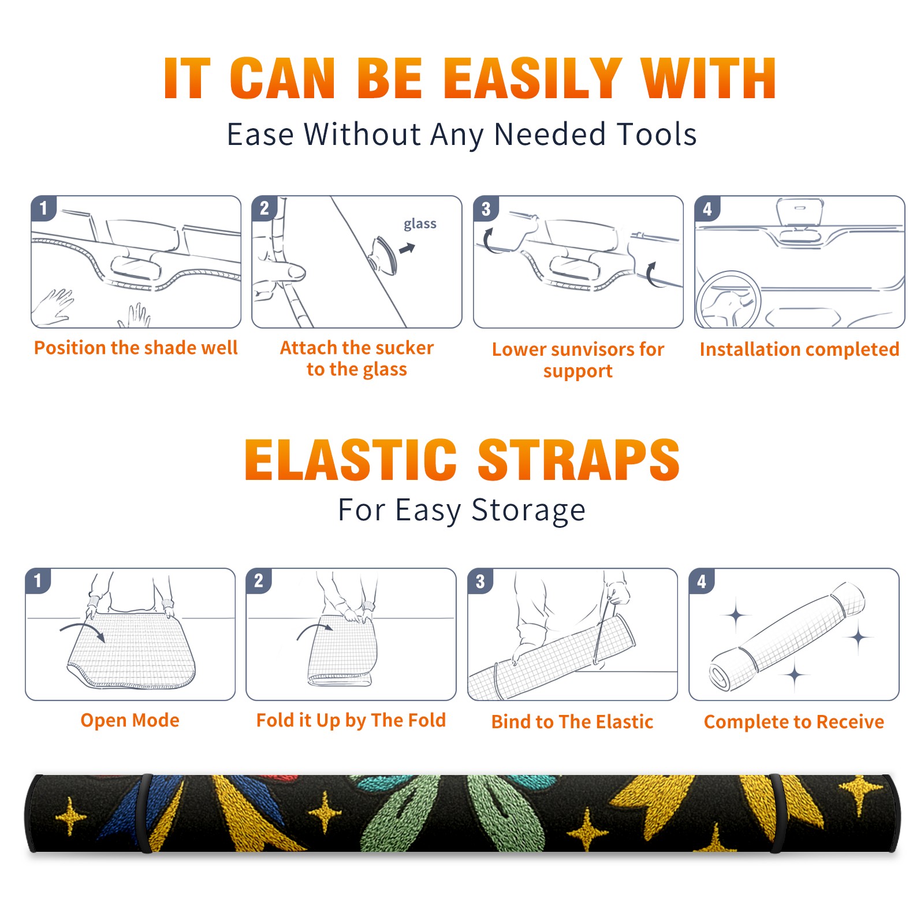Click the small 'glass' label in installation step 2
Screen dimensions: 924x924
click(x=420, y=224)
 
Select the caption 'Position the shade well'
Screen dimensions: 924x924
click(x=136, y=348)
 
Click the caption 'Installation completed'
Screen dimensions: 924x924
click(x=799, y=349)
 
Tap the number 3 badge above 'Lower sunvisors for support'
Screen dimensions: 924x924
click(x=486, y=209)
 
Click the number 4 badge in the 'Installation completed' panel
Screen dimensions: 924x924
click(x=707, y=209)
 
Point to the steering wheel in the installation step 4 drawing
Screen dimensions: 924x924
click(x=729, y=300)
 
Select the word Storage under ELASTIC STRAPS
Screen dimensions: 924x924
click(x=528, y=511)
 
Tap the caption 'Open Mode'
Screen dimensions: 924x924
click(x=130, y=720)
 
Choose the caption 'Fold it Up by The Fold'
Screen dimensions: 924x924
click(x=351, y=720)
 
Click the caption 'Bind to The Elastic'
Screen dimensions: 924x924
click(x=572, y=722)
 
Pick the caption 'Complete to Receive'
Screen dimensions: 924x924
click(x=794, y=722)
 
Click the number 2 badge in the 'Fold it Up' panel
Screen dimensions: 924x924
click(x=259, y=581)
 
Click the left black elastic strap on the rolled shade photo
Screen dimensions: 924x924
click(x=146, y=813)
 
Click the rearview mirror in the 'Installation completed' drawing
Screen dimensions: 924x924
click(x=800, y=213)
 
